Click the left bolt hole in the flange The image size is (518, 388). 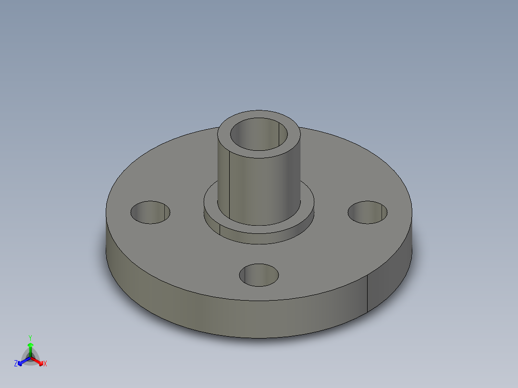[151, 212]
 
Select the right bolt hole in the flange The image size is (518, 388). [368, 212]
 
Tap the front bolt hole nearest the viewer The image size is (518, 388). [259, 275]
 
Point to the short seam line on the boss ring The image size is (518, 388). [220, 229]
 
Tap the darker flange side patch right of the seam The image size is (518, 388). [387, 283]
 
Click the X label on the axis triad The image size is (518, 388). [45, 364]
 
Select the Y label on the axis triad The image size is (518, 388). [30, 338]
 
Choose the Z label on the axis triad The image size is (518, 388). [16, 364]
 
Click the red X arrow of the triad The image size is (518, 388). [38, 360]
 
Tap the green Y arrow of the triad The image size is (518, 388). [30, 348]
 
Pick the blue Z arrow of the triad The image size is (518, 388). [22, 361]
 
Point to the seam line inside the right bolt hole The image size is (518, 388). [382, 211]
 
